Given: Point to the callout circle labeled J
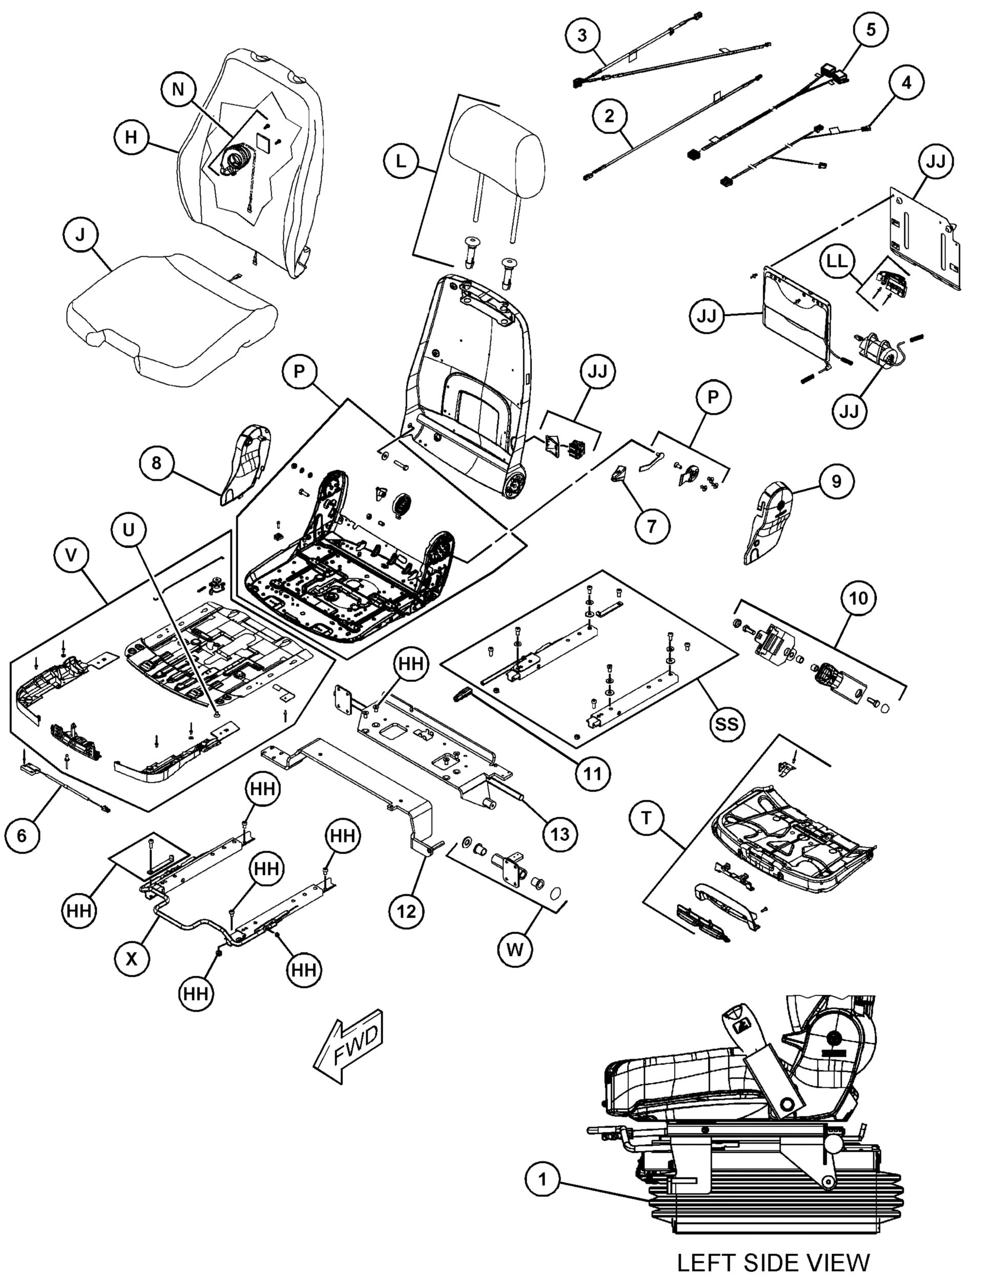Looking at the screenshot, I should click(x=80, y=235).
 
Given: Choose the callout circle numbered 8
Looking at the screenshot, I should click(x=156, y=463).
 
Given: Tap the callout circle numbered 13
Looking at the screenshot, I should click(x=560, y=834).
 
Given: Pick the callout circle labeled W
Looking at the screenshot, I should click(x=515, y=949).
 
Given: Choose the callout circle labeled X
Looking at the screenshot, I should click(x=132, y=958).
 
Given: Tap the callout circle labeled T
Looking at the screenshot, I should click(x=646, y=817).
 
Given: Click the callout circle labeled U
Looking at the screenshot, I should click(x=129, y=530).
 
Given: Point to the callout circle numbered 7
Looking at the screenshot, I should click(x=652, y=526).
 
